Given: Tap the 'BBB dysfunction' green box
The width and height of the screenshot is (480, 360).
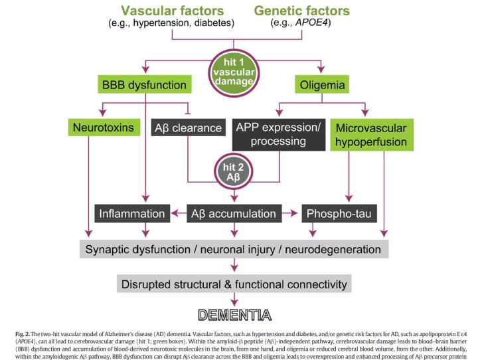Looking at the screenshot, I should (143, 84).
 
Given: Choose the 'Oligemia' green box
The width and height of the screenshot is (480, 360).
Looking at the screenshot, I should (322, 84).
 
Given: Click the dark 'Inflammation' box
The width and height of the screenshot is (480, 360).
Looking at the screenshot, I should (131, 214).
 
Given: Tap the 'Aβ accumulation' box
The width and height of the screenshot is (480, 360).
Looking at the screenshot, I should (233, 214).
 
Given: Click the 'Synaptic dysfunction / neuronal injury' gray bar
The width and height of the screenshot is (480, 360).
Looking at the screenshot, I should (233, 250).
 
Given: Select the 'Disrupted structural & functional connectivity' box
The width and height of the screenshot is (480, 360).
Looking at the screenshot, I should (233, 284).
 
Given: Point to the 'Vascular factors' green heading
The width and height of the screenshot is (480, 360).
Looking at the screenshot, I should (172, 11).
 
